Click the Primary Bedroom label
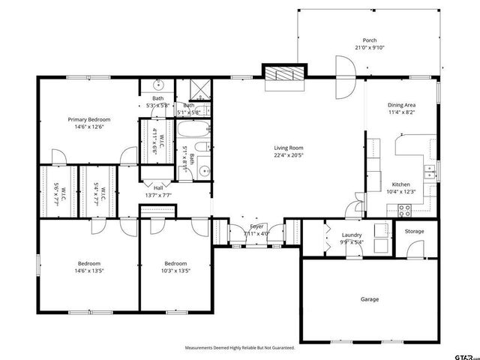pos(89,119)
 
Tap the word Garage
pos(369,299)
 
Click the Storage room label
pos(414,231)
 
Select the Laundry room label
pos(352,235)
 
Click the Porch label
pos(369,40)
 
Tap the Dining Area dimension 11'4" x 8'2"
pos(401,113)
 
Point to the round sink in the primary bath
pos(158,85)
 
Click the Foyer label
pos(256,226)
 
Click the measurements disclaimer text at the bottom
pos(240,348)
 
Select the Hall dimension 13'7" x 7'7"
pos(159,196)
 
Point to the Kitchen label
pos(401,184)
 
